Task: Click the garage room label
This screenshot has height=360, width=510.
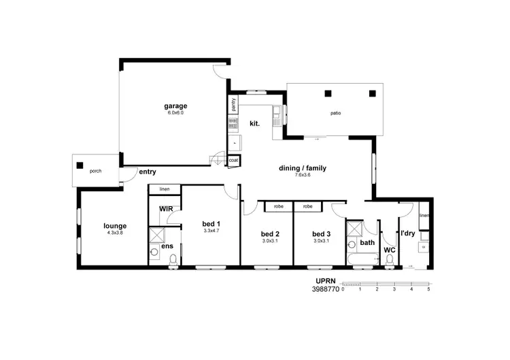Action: pyautogui.click(x=175, y=105)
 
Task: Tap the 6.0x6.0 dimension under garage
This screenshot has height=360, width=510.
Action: pyautogui.click(x=175, y=112)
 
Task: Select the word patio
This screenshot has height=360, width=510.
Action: pyautogui.click(x=335, y=114)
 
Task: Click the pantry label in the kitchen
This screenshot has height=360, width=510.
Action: pyautogui.click(x=233, y=105)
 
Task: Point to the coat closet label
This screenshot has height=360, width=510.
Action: pyautogui.click(x=233, y=161)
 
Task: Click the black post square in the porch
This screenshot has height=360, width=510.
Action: pyautogui.click(x=80, y=165)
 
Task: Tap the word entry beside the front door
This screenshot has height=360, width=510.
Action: pyautogui.click(x=147, y=172)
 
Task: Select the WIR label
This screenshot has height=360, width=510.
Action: pyautogui.click(x=165, y=209)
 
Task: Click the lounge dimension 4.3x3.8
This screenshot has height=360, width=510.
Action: pyautogui.click(x=116, y=233)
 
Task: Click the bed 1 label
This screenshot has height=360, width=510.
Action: pyautogui.click(x=211, y=224)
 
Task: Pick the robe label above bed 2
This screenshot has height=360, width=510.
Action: pyautogui.click(x=279, y=206)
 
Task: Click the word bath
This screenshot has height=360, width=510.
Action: pyautogui.click(x=367, y=242)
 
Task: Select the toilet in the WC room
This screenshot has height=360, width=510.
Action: pyautogui.click(x=390, y=259)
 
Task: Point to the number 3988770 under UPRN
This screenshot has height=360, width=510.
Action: pyautogui.click(x=325, y=289)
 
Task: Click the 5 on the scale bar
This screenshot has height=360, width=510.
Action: pyautogui.click(x=428, y=289)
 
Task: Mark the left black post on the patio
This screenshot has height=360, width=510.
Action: pyautogui.click(x=327, y=93)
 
